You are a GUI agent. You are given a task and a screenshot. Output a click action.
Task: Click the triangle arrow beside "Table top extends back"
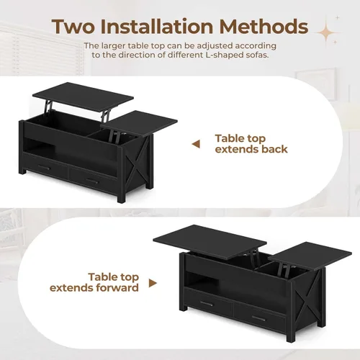point(195,144)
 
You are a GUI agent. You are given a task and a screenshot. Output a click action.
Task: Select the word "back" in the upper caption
point(271,150)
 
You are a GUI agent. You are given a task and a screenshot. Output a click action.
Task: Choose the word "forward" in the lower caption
point(115,289)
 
